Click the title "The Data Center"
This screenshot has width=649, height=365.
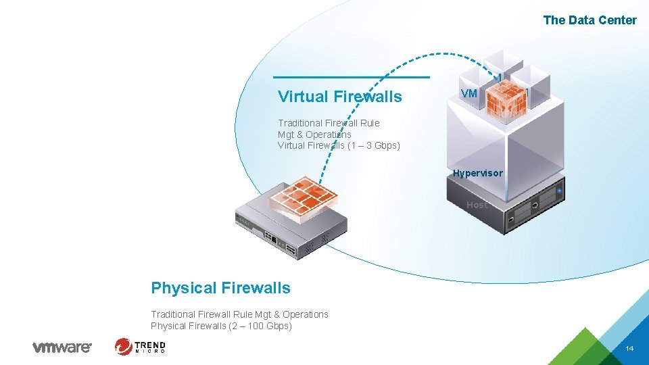click(x=590, y=20)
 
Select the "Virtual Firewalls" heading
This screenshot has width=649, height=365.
click(x=339, y=97)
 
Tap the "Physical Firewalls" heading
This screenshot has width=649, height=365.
click(x=220, y=288)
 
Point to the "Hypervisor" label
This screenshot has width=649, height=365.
click(x=477, y=173)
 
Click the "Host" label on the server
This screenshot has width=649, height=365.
click(x=477, y=204)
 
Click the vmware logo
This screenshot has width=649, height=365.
click(x=62, y=347)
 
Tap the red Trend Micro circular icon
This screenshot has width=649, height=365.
click(x=124, y=347)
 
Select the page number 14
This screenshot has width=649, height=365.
click(x=629, y=348)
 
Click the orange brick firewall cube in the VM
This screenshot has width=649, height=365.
click(x=506, y=101)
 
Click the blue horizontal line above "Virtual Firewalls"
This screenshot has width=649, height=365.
click(x=351, y=77)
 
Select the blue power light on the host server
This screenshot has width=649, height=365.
click(x=559, y=191)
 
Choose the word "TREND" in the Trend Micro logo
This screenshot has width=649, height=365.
click(x=150, y=343)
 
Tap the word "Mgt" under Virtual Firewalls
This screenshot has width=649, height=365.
click(x=286, y=135)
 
